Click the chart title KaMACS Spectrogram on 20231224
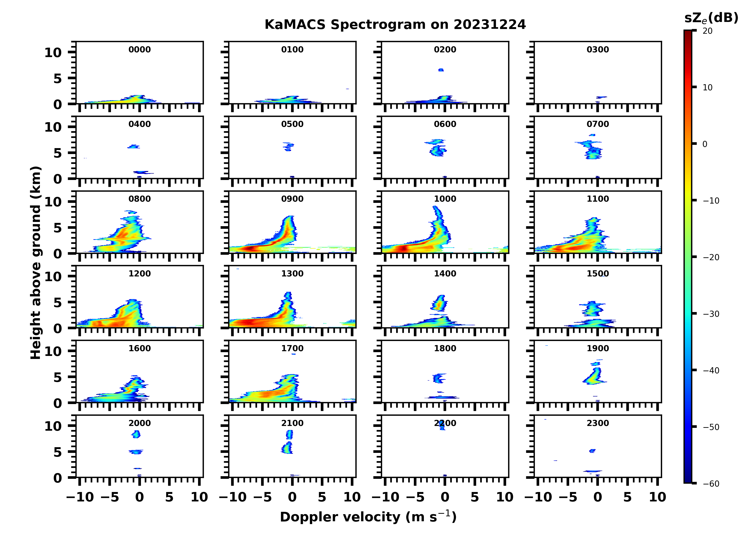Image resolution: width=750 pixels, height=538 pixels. pyautogui.click(x=395, y=25)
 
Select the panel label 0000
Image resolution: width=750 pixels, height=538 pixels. pyautogui.click(x=140, y=50)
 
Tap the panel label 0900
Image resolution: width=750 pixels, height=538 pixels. pyautogui.click(x=292, y=199)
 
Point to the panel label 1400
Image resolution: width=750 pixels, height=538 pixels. pyautogui.click(x=445, y=274)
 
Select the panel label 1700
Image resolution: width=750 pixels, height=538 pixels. pyautogui.click(x=292, y=348)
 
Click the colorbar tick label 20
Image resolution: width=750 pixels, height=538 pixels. pyautogui.click(x=708, y=31)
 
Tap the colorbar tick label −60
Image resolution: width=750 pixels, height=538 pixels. pyautogui.click(x=711, y=484)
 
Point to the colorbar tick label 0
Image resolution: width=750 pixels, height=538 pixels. pyautogui.click(x=705, y=144)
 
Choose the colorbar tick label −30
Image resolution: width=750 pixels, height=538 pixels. pyautogui.click(x=711, y=314)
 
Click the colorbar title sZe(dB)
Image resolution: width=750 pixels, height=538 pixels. pyautogui.click(x=711, y=18)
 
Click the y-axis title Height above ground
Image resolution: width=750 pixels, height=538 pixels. pyautogui.click(x=36, y=263)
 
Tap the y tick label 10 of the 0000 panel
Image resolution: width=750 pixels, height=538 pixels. pyautogui.click(x=53, y=53)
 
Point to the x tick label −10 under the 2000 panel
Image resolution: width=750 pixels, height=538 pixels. pyautogui.click(x=80, y=497)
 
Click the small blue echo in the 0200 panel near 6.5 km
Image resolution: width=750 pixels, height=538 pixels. pyautogui.click(x=441, y=70)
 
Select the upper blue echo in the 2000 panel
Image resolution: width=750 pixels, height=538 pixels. pyautogui.click(x=136, y=434)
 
